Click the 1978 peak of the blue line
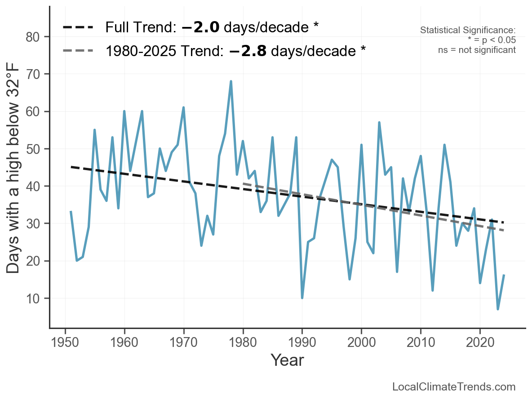point(231,82)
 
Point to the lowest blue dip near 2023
point(498,309)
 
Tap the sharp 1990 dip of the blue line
point(302,298)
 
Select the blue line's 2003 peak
point(379,123)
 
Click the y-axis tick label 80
point(36,37)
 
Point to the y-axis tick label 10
point(36,298)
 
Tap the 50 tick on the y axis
point(36,149)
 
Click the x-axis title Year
point(287,360)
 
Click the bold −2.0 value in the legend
point(201,28)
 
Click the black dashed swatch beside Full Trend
point(78,28)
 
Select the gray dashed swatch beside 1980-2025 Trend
point(78,51)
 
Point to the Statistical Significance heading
point(468,31)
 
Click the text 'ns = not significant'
point(477,50)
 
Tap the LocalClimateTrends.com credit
point(454,387)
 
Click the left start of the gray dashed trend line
point(244,184)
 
